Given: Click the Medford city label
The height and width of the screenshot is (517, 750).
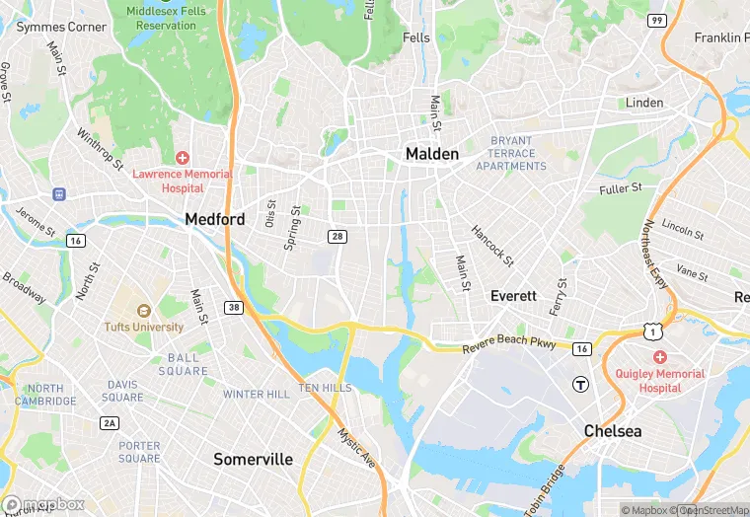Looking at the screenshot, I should pos(215,219).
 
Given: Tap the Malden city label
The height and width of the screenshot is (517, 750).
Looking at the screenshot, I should pos(432,154).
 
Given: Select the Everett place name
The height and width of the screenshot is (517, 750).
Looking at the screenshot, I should pos(513,296).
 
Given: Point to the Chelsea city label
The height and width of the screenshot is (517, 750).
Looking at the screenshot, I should pos(612,431).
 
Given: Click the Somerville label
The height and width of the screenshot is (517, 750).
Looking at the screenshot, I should pos(254,459).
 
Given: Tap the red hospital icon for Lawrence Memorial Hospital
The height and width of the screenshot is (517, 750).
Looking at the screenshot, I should pos(183,159).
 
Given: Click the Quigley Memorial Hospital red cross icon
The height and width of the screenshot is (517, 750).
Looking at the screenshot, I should pos(659,357).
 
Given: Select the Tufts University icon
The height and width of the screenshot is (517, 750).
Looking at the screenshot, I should pos(144,311).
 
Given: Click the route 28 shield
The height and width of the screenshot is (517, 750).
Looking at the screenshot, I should pos(337,236).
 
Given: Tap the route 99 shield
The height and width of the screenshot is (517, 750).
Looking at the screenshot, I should pos(656,20).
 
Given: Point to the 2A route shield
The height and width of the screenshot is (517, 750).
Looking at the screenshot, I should pos(109,423).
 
